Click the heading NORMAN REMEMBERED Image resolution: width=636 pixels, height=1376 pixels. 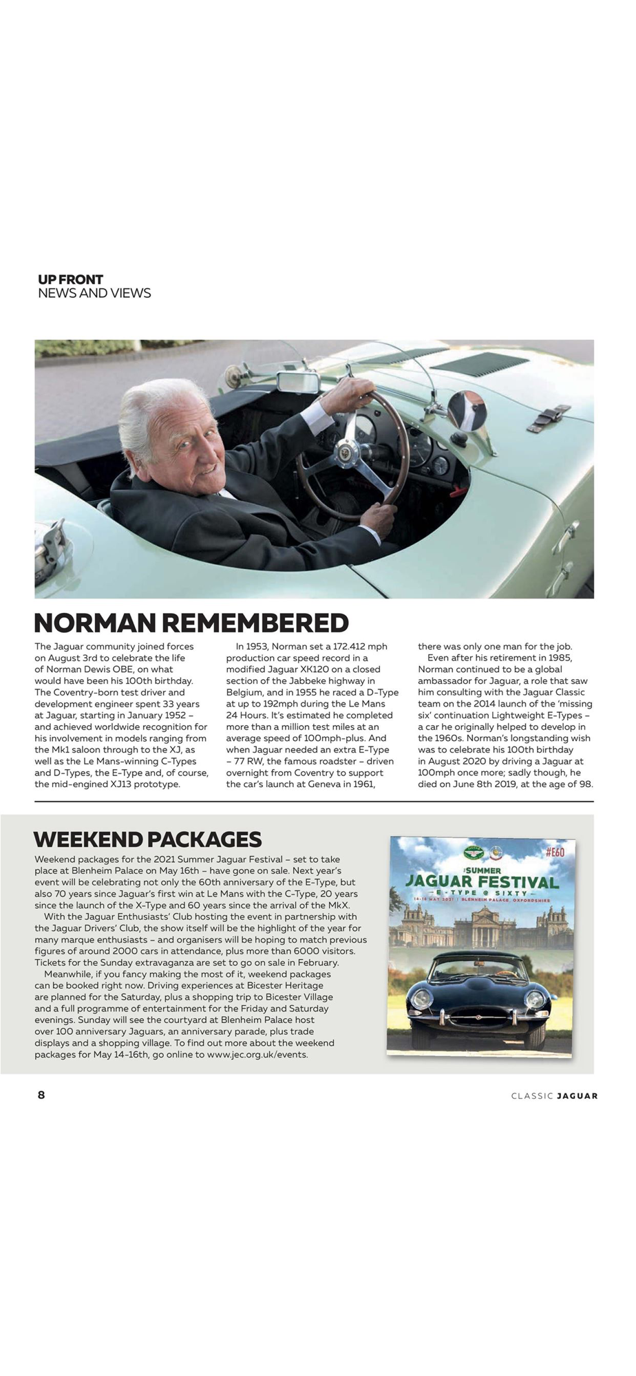[191, 623]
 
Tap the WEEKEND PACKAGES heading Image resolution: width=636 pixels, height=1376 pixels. [147, 839]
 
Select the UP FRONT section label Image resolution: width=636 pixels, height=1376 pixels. [70, 279]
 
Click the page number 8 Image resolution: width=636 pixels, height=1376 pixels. [41, 1095]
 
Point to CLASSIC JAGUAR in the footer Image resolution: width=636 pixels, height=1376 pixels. [554, 1096]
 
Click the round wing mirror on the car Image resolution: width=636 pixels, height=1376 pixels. [467, 411]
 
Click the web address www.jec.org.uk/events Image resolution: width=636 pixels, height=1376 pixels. [257, 1054]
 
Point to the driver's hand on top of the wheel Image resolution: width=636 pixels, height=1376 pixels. [352, 389]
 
